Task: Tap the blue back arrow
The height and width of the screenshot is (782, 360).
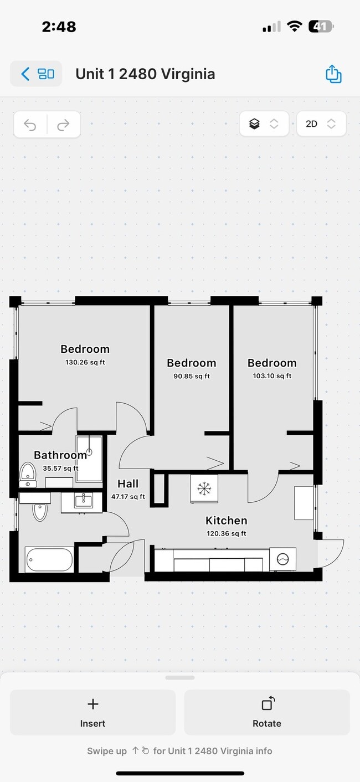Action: coord(25,74)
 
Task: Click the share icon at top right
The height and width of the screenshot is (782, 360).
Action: coord(333,74)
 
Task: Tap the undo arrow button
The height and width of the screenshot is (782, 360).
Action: coord(30,125)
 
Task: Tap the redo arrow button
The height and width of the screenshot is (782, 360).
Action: coord(63,125)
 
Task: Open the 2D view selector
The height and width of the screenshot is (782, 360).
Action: coord(321,124)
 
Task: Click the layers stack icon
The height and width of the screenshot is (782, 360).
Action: coord(254,124)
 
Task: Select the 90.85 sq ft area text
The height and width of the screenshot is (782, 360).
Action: coord(191,377)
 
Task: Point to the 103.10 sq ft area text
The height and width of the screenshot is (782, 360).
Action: coord(272,377)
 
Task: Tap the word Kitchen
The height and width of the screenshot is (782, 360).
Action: coord(226,521)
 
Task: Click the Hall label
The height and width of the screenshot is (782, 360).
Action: coord(128,484)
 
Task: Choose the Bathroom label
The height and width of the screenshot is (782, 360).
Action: coord(60,455)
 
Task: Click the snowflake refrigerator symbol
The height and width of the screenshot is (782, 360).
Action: coord(204,488)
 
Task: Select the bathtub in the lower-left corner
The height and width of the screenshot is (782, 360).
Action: coord(49,559)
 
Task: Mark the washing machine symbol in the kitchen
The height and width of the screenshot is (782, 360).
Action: coord(282,559)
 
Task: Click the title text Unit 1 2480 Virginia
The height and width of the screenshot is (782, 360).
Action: coord(145,74)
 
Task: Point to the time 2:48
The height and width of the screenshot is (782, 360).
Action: coord(59,27)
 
